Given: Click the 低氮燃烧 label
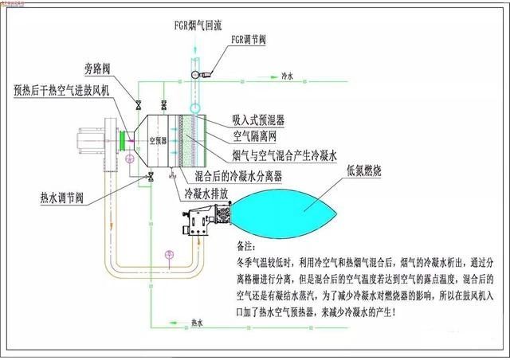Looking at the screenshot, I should point(365,170).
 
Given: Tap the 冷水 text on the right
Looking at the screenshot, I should point(288,78).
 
